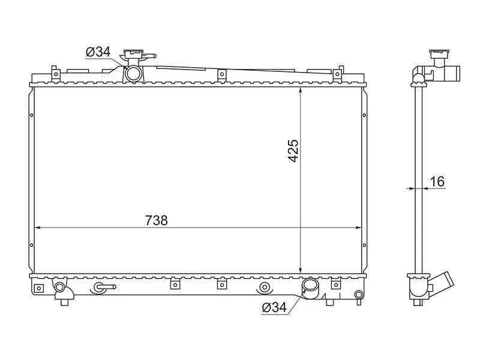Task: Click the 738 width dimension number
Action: (x=157, y=220)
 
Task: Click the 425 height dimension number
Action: (x=293, y=151)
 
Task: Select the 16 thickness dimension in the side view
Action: (x=437, y=182)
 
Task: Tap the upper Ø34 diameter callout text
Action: (x=98, y=52)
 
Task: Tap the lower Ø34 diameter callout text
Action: (x=274, y=307)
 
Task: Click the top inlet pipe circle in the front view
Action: (x=133, y=73)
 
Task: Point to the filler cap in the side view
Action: (x=439, y=55)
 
